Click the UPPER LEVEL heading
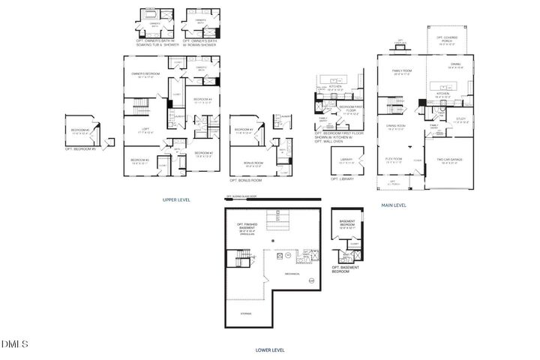(x=177, y=200)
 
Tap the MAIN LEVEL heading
(x=394, y=204)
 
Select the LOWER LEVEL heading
(x=269, y=349)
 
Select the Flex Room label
(x=394, y=160)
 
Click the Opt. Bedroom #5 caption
(x=80, y=148)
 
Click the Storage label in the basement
(x=246, y=313)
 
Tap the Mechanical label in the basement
(x=292, y=274)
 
